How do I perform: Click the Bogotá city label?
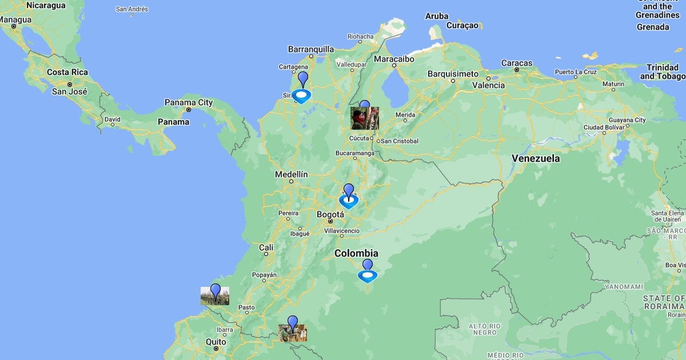coord(330,214)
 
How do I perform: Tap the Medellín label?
coord(291,174)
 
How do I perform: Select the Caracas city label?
coord(517,63)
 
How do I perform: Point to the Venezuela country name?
coord(536,158)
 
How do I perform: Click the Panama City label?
coord(189,103)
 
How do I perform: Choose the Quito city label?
coord(216,342)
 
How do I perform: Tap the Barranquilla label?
coord(311,49)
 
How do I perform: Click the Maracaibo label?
coord(394,59)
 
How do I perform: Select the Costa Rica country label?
coord(67,73)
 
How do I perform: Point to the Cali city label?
coord(266,247)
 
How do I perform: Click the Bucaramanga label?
coord(355,153)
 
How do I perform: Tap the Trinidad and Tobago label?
coord(663,72)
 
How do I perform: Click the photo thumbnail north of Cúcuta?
coord(365,118)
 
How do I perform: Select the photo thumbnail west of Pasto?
coord(215,295)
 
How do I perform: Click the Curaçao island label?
coord(462,26)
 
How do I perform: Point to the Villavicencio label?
coord(342,231)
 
